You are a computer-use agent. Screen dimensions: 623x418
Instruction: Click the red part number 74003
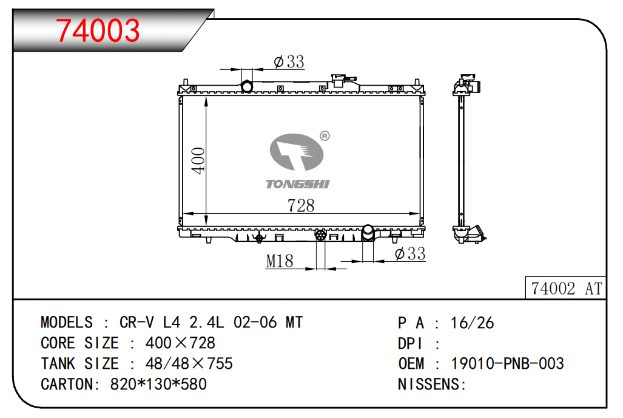tap(98, 30)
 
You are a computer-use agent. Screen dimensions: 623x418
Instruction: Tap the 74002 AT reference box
tap(566, 288)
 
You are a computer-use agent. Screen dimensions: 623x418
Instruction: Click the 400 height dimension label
tap(198, 160)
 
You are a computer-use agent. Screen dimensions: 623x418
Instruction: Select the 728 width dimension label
tap(301, 205)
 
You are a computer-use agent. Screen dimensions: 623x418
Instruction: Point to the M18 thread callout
tap(280, 261)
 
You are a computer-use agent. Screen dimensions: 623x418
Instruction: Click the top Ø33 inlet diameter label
tap(289, 62)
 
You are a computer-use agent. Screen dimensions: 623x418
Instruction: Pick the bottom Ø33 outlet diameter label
tap(410, 253)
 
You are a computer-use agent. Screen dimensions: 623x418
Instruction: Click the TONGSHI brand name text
tap(298, 184)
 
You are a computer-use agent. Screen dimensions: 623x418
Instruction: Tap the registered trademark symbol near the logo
tap(325, 136)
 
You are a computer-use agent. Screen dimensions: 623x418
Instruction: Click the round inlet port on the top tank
tap(247, 86)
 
